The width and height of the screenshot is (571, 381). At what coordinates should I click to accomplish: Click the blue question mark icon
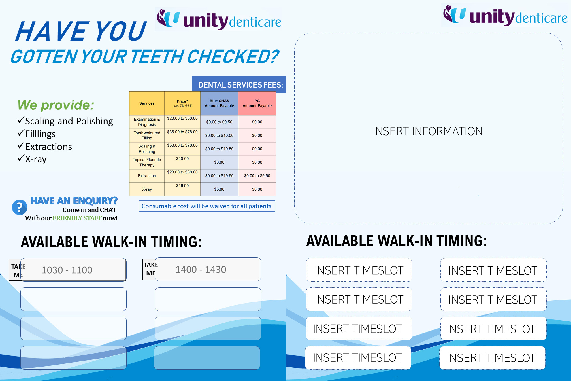click(20, 207)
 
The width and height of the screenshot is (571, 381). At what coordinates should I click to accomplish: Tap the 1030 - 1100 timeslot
click(73, 270)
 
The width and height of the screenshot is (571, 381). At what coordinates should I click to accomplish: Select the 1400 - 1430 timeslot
click(208, 269)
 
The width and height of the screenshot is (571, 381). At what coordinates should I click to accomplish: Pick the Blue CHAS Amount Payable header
click(219, 103)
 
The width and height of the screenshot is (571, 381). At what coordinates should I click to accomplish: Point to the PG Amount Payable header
click(257, 103)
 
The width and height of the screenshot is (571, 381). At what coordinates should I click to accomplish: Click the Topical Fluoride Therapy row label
click(147, 162)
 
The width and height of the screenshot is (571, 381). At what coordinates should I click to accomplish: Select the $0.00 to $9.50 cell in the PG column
click(257, 176)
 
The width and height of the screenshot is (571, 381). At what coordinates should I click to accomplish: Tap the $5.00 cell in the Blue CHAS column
click(219, 189)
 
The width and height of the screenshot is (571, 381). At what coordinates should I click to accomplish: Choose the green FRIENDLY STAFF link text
click(77, 218)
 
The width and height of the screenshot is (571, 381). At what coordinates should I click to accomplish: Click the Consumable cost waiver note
click(207, 206)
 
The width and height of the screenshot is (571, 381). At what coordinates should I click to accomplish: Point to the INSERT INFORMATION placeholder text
click(427, 131)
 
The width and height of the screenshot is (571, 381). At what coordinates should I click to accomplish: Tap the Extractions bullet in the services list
click(45, 147)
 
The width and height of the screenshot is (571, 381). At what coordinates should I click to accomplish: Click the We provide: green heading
click(56, 105)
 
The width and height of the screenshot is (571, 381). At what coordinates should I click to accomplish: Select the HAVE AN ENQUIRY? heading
click(74, 201)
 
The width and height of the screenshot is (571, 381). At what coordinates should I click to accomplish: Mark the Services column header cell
click(147, 103)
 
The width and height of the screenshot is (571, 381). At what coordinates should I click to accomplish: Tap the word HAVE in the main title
click(52, 31)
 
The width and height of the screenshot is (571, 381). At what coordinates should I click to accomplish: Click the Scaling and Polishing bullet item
click(65, 121)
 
